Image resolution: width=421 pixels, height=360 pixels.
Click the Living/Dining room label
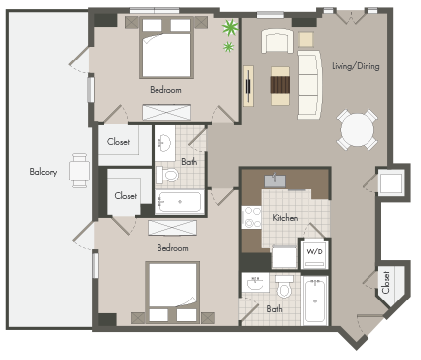pos(356,66)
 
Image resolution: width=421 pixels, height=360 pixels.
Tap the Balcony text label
pos(44,172)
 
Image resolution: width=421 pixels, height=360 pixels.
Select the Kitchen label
pos(285,218)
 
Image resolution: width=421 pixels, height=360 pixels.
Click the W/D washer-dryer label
pos(314,251)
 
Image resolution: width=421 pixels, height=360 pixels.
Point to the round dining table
pos(358,130)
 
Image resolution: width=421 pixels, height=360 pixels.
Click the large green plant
pos(230,27)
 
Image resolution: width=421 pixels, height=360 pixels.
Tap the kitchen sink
pos(275,180)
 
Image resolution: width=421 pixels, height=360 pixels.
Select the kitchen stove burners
pos(252,217)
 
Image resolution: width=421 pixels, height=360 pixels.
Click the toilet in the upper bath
pos(167,175)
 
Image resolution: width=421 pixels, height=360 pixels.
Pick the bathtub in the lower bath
pos(315,301)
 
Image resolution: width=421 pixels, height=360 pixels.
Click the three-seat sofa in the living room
pos(309,84)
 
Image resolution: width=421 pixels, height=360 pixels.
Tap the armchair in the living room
pos(277,41)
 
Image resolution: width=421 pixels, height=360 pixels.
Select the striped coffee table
pos(280,86)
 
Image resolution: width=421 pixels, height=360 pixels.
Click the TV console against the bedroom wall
pos(248,86)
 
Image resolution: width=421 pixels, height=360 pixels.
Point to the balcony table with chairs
pos(79,171)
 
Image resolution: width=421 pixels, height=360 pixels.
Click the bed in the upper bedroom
pos(166,49)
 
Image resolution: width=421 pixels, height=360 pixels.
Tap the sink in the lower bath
pos(255,282)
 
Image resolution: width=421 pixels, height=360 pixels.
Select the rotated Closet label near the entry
pos(386,282)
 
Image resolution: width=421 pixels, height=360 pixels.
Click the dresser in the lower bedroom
pos(172,228)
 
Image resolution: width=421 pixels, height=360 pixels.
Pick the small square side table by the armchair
pos(306,39)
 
